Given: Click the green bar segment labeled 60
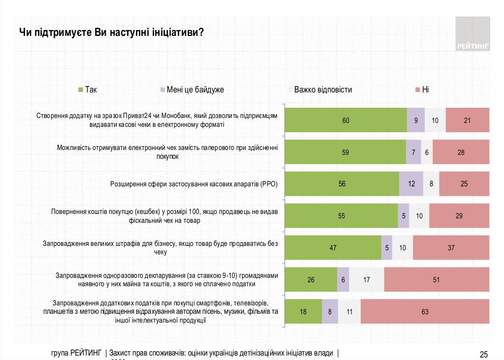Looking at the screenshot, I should (x=346, y=120).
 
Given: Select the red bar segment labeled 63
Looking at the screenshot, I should (x=425, y=312).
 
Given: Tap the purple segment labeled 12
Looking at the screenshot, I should (x=411, y=184).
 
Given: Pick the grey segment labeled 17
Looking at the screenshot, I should (x=366, y=280).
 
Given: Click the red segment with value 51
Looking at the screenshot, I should (x=436, y=280).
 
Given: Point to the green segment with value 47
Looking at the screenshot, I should (x=333, y=248).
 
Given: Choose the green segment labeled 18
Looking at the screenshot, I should (x=304, y=312).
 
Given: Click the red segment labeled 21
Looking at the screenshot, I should (x=467, y=120).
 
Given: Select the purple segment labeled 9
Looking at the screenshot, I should (x=416, y=120).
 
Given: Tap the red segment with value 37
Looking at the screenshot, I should (x=451, y=248).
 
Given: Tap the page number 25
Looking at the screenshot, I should (x=483, y=354).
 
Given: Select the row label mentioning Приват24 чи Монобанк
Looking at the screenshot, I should (x=157, y=120).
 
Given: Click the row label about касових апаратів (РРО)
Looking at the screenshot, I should (x=194, y=184).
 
